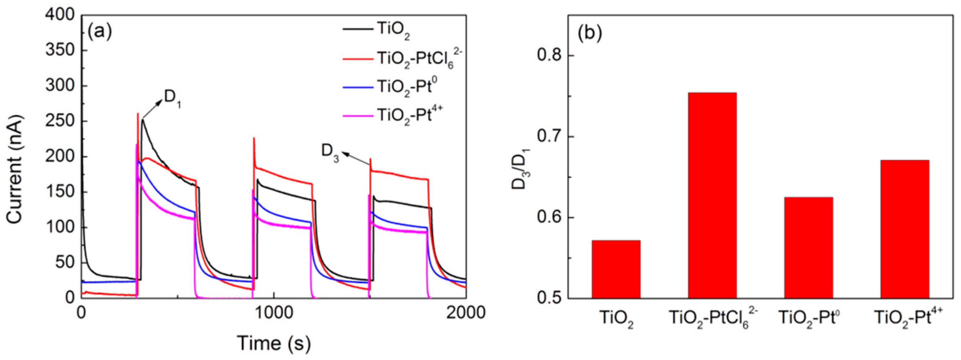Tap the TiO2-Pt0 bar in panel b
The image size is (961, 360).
(x=808, y=247)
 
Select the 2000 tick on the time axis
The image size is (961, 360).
(x=466, y=313)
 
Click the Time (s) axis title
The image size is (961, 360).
(x=274, y=343)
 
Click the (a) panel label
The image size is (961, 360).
(x=99, y=32)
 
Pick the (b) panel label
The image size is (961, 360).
(x=590, y=34)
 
